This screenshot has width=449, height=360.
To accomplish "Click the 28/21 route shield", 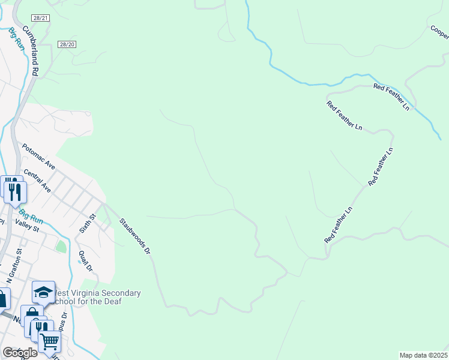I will pyautogui.click(x=41, y=19).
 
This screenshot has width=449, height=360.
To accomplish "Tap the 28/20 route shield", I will pyautogui.click(x=67, y=44).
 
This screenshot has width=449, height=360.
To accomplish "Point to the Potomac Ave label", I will pyautogui.click(x=38, y=156).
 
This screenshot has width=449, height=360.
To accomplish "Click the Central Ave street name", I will pyautogui.click(x=37, y=181).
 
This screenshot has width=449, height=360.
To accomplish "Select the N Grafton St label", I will pyautogui.click(x=15, y=264).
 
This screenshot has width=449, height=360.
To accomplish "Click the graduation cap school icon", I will pyautogui.click(x=43, y=293).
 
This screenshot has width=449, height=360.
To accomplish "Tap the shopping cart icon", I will pyautogui.click(x=49, y=341).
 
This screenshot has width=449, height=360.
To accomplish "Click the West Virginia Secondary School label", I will pyautogui.click(x=97, y=297).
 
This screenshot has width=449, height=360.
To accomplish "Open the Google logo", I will pyautogui.click(x=19, y=353).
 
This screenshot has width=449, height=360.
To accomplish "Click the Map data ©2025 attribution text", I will pyautogui.click(x=424, y=355).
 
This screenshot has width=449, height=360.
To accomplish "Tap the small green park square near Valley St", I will pyautogui.click(x=61, y=246).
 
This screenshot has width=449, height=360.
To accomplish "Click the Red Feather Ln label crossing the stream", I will pyautogui.click(x=391, y=96).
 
